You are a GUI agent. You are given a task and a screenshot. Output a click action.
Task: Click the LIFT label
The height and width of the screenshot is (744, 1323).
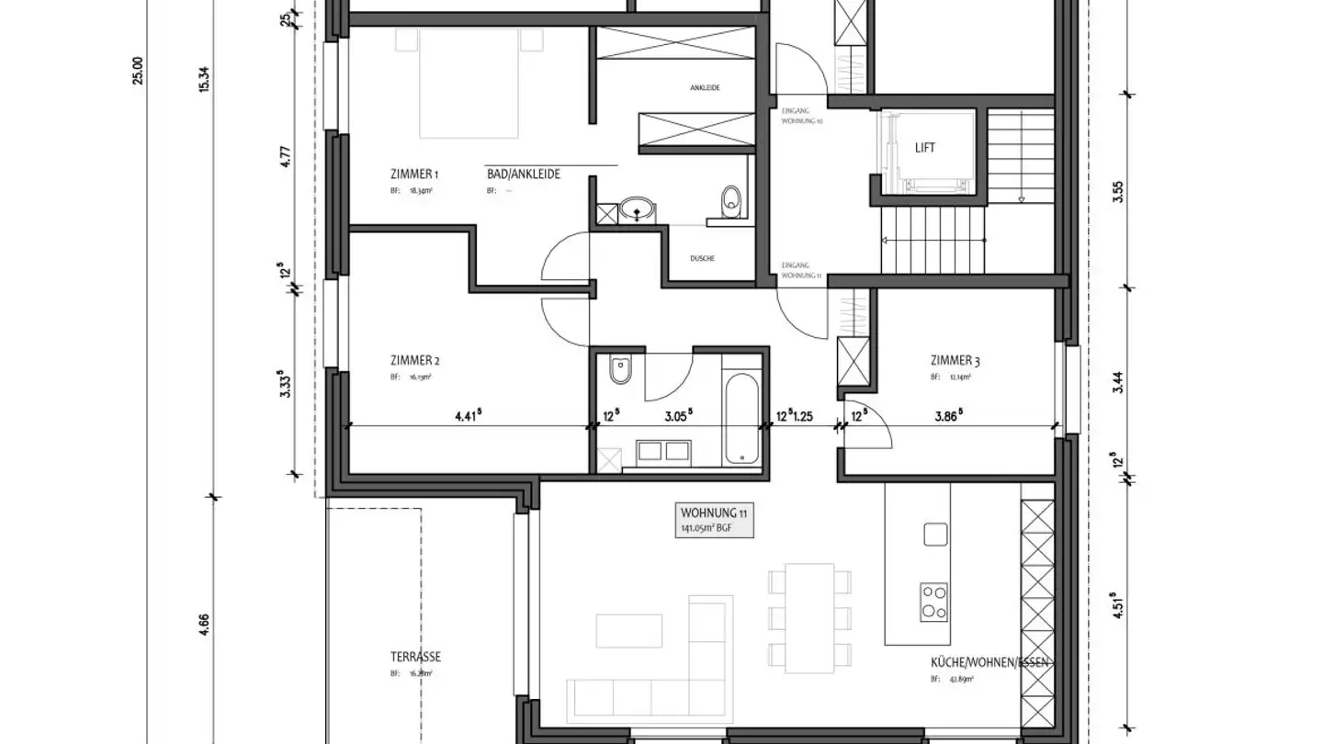coord(925,148)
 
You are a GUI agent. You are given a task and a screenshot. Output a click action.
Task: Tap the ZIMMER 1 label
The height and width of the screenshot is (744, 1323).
coord(413,174)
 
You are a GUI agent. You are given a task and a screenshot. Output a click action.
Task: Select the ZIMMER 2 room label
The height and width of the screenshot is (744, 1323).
coord(414,360)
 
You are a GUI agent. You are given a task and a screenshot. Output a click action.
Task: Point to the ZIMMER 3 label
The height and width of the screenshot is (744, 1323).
coord(955,361)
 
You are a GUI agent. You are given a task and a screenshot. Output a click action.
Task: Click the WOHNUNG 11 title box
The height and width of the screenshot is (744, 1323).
coord(715,520)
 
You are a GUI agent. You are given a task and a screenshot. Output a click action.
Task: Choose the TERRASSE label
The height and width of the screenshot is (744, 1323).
coord(414,657)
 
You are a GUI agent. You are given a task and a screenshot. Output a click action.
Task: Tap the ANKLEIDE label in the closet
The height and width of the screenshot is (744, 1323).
coord(704,88)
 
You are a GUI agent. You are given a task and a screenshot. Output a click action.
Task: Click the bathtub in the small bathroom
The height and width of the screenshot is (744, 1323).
coord(741,417)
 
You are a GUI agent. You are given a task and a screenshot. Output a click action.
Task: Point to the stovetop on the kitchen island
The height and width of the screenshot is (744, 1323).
coord(934,603)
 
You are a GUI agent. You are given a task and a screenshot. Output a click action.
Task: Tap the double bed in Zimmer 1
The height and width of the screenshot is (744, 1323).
coord(469,83)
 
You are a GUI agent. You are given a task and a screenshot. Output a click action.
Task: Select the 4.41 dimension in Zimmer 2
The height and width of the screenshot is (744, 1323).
coord(467,415)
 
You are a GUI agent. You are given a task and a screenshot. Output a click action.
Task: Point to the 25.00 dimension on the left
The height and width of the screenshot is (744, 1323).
coord(139,70)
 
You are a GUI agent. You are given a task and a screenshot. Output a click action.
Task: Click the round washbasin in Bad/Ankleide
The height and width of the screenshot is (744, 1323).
coord(635,210)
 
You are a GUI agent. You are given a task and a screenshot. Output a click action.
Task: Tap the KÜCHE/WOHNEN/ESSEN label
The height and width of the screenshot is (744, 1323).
coord(990,662)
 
